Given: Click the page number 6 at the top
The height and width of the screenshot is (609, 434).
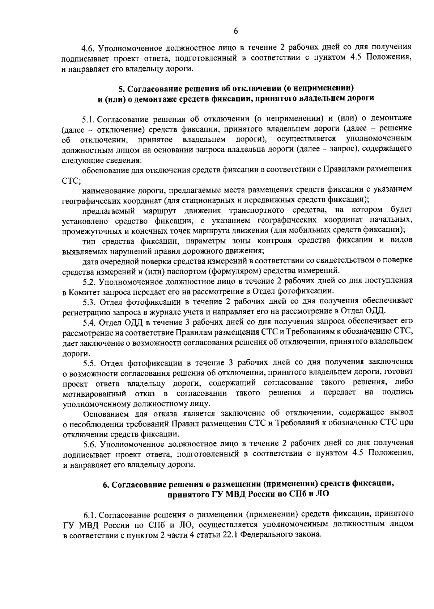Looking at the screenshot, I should tap(235, 32).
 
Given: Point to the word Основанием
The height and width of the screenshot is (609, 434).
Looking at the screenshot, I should tap(105, 413).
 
